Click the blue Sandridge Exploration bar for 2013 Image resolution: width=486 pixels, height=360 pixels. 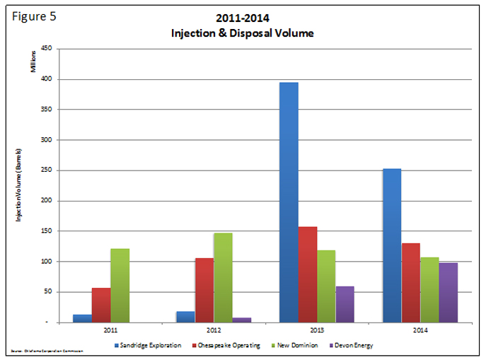coord(289,202)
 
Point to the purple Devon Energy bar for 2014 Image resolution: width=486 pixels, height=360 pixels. coord(448,292)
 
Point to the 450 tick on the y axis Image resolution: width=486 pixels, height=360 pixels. coord(47,49)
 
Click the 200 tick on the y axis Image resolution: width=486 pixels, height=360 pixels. coord(47,201)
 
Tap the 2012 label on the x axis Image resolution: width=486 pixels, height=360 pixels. coord(213,330)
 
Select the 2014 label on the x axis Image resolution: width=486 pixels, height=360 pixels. coord(420,330)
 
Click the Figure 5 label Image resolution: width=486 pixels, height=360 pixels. coord(34,17)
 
